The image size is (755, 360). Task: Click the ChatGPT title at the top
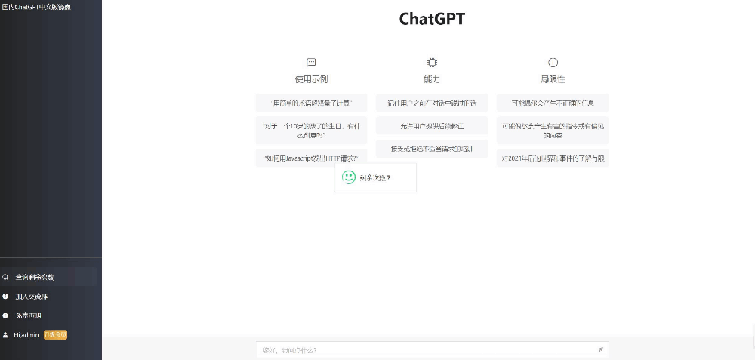432,19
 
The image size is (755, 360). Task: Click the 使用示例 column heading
311,78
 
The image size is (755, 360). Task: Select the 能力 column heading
432,78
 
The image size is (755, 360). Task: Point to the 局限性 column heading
552,78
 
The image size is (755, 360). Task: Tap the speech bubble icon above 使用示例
310,63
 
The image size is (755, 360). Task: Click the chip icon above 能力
431,63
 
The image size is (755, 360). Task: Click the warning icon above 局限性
553,63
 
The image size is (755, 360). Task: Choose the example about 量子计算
311,103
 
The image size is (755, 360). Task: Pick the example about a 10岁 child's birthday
311,131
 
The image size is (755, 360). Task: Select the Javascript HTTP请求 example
311,158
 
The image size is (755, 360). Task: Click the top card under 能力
432,103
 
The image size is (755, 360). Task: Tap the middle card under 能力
432,125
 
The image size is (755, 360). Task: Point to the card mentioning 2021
553,158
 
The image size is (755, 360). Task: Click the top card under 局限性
553,103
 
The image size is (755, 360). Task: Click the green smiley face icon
348,177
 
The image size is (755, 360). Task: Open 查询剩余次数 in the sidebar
35,277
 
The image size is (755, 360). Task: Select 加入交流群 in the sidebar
31,297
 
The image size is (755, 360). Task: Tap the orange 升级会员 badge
56,334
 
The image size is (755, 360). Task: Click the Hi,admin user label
26,334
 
